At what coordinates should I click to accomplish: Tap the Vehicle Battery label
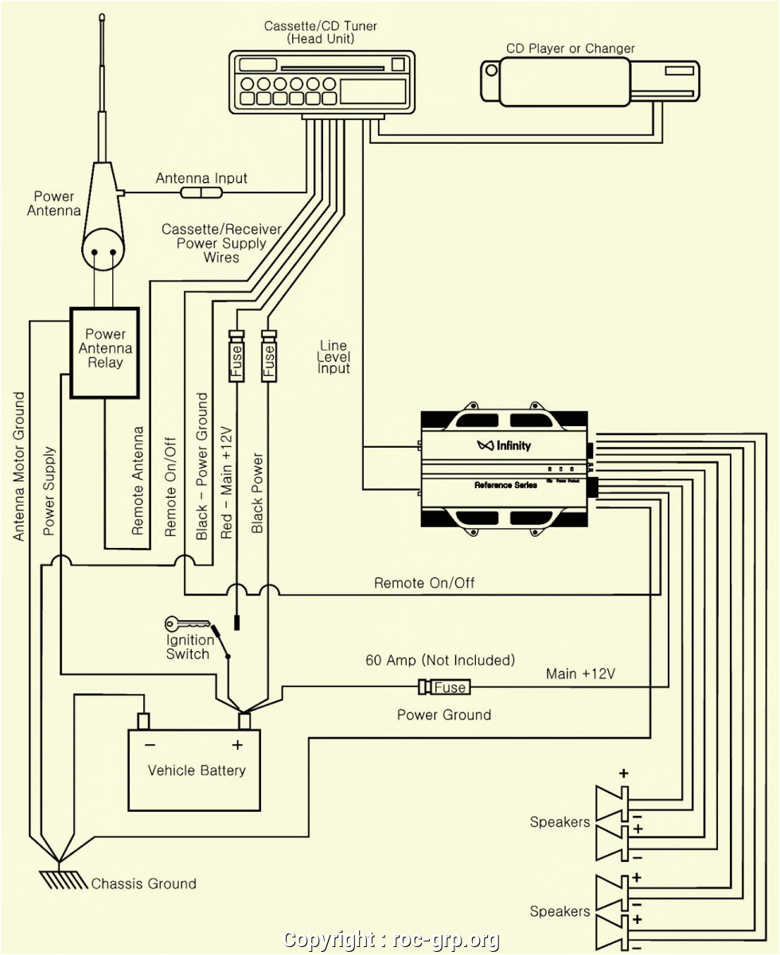coord(197,770)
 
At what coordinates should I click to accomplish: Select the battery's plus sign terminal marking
coord(236,745)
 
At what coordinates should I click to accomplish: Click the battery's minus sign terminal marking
coord(150,745)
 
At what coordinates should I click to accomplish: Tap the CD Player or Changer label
coord(570,49)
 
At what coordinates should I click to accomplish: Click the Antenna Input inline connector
coord(202,193)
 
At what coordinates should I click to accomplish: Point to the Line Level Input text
coord(333,357)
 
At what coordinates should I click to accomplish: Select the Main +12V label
coord(580,674)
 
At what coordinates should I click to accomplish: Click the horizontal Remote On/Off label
coord(424,583)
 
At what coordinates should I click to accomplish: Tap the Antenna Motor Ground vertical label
coord(20,465)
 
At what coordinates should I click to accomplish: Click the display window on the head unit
coord(372,90)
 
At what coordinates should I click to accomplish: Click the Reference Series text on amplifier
coord(505,485)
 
